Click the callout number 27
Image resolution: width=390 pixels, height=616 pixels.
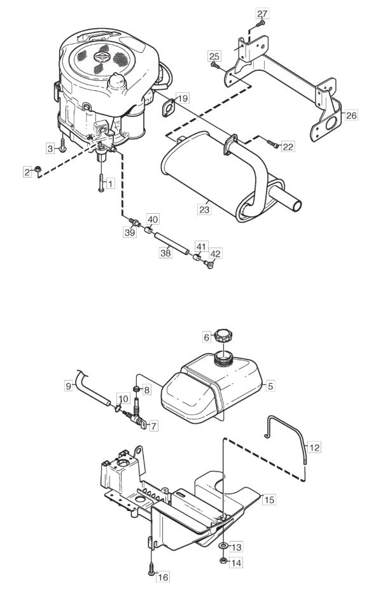click(x=262, y=14)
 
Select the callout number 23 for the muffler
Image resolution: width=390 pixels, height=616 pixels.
click(x=204, y=209)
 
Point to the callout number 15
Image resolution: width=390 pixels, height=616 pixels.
click(x=269, y=500)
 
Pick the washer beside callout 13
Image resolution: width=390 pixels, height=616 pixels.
click(x=223, y=547)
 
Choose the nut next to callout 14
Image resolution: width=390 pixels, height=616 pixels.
click(x=223, y=561)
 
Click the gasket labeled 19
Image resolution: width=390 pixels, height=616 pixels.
click(x=169, y=108)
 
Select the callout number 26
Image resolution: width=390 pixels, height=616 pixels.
click(x=352, y=115)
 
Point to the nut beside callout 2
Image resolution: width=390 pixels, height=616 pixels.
click(x=38, y=169)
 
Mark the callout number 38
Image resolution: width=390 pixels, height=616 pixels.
click(x=166, y=253)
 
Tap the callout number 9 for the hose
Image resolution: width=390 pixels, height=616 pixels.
click(x=69, y=386)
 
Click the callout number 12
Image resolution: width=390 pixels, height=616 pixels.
click(x=314, y=447)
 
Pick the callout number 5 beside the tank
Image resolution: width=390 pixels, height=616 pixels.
click(x=270, y=386)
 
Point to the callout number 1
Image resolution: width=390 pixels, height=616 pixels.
click(x=110, y=183)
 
